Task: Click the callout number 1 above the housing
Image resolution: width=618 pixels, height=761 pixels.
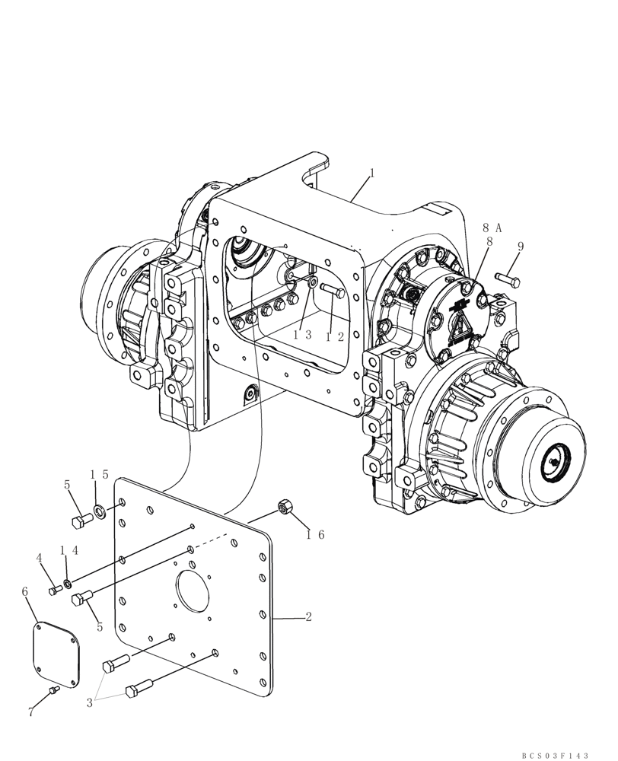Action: tap(371, 174)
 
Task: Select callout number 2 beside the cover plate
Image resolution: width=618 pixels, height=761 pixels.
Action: tap(308, 617)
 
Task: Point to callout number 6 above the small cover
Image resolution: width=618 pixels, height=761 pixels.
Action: tap(25, 591)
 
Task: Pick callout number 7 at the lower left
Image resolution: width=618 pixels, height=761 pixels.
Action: tap(31, 712)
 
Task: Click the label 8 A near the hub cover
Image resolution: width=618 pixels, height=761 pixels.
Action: tap(491, 227)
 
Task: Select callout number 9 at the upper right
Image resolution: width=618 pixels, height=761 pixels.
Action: tap(520, 246)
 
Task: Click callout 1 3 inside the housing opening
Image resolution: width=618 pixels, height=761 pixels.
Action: tap(303, 336)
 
